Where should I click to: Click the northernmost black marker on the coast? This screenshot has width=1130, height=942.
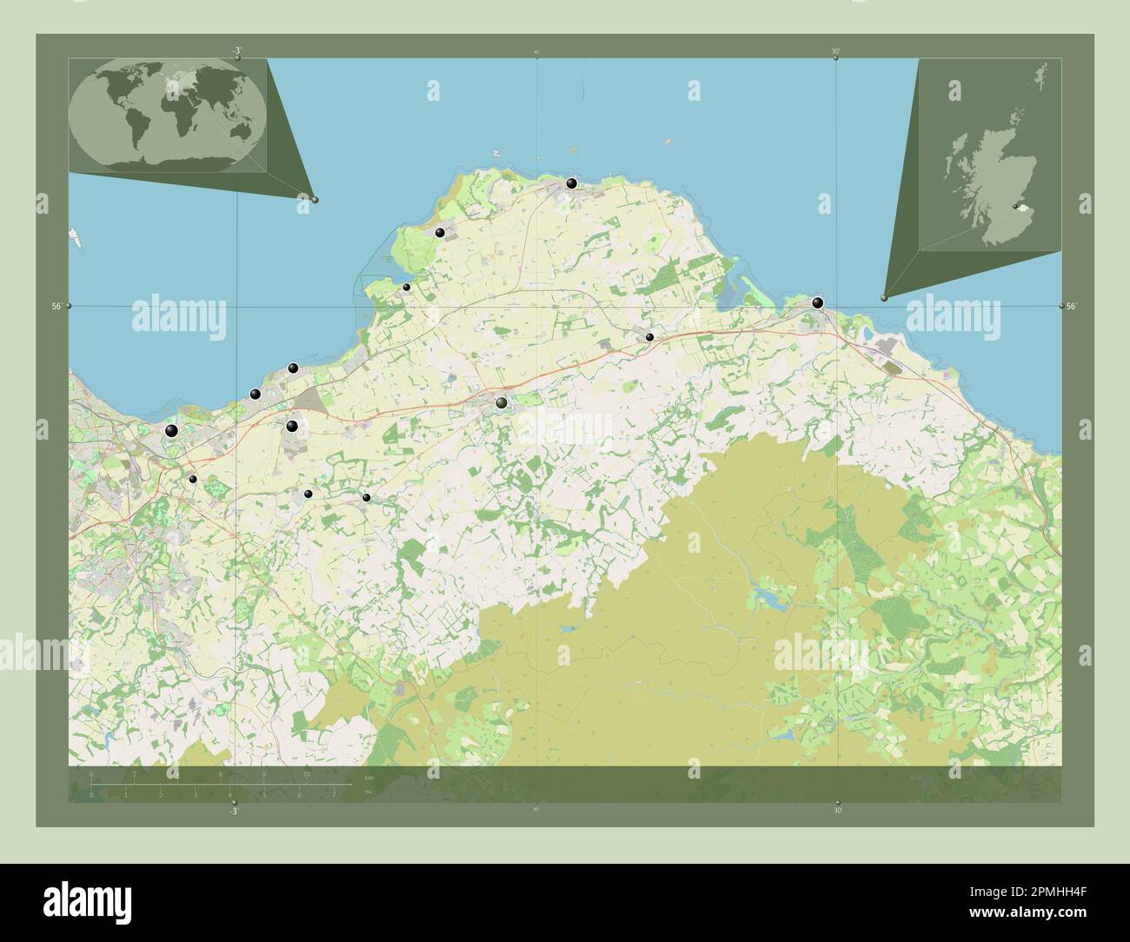tap(571, 183)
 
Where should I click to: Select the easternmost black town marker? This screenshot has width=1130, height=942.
tap(817, 303)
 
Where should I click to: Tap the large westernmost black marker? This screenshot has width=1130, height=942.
tap(171, 431)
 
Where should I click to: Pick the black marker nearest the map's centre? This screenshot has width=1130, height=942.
tap(502, 402)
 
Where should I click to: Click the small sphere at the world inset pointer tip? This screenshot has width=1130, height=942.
tap(315, 200)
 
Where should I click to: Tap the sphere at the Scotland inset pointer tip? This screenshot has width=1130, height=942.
tap(884, 298)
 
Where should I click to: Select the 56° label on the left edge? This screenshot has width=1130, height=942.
tap(56, 306)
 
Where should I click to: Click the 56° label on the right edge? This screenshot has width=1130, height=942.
tap(1072, 306)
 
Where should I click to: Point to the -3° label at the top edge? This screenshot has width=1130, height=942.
tap(236, 52)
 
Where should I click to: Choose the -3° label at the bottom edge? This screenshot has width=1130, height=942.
tap(232, 811)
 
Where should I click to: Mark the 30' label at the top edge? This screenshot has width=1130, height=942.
tap(835, 52)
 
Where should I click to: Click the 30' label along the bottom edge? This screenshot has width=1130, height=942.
tap(837, 811)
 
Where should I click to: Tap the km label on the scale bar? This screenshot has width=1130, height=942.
tap(369, 778)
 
